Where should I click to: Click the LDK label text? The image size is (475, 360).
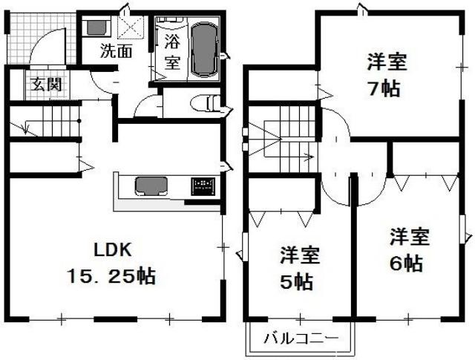pos(113,250)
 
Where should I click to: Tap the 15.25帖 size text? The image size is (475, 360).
pos(111,276)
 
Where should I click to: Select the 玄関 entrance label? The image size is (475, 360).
pos(46,84)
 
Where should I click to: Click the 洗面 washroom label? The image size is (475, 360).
pos(117,51)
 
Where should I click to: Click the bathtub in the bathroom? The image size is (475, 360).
pos(206,49)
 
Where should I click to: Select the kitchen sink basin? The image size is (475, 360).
pos(151,186)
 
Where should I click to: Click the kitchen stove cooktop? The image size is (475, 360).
pos(203,186)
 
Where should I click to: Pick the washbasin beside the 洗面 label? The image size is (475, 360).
pos(97,27)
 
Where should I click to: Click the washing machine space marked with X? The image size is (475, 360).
pos(131,27)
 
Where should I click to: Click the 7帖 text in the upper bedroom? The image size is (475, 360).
pos(384,88)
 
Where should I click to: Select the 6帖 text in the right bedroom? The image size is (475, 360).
pos(406,264)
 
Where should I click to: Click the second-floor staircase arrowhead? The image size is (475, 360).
pos(309,157)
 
